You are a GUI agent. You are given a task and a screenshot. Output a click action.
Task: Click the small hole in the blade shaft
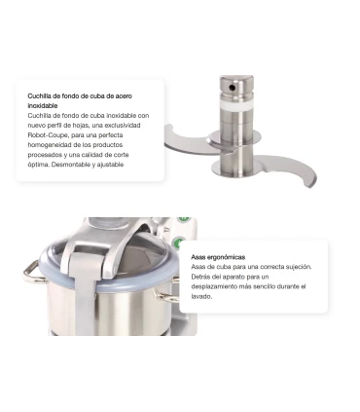pyautogui.click(x=232, y=88)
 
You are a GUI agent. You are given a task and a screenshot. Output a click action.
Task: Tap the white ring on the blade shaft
pyautogui.click(x=235, y=105)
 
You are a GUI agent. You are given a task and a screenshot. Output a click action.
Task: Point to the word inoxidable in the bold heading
pyautogui.click(x=43, y=105)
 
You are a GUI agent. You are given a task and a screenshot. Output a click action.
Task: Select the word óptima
pyautogui.click(x=38, y=165)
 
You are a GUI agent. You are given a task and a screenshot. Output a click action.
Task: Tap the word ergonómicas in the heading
pyautogui.click(x=226, y=257)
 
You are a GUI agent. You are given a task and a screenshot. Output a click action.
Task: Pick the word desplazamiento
pyautogui.click(x=213, y=286)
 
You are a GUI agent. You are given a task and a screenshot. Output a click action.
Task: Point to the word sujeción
pyautogui.click(x=299, y=267)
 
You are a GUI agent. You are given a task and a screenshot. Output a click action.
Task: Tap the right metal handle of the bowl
pyautogui.click(x=166, y=292)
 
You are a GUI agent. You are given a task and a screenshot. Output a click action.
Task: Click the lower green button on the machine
pyautogui.click(x=178, y=243)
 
